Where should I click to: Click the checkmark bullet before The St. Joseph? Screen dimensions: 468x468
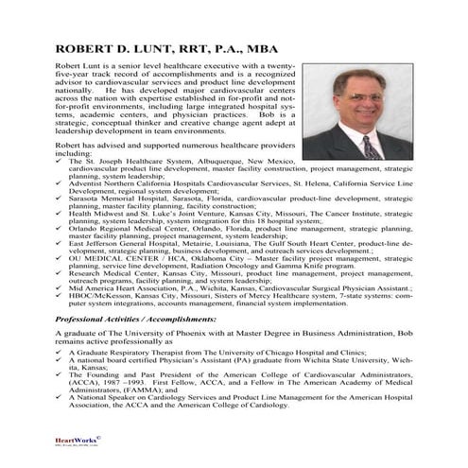click(61, 162)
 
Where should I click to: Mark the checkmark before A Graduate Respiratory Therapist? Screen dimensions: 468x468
click(61, 361)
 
